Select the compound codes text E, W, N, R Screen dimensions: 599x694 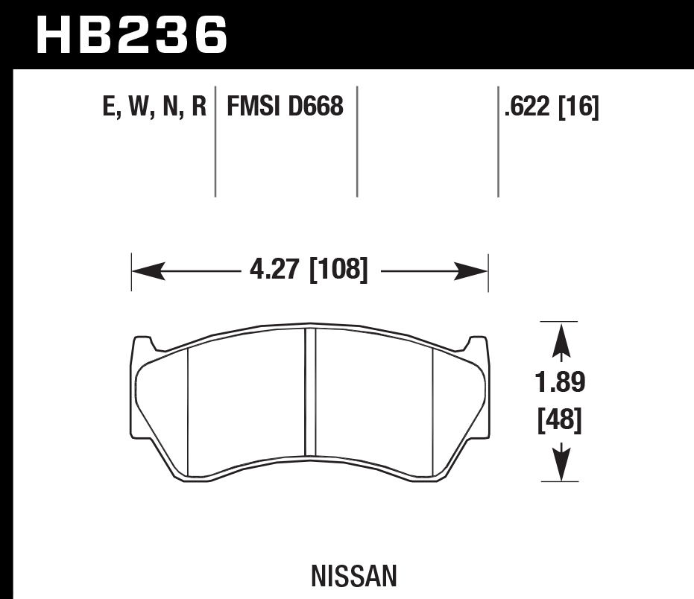(x=154, y=108)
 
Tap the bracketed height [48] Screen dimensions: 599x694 (x=559, y=421)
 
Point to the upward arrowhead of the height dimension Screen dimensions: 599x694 (x=560, y=345)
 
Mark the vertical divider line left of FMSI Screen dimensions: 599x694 (x=215, y=142)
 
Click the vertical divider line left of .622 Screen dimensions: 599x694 (x=498, y=142)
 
